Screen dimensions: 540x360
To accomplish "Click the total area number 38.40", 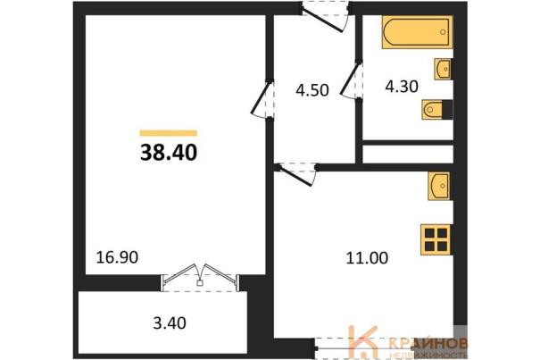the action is pyautogui.click(x=169, y=153).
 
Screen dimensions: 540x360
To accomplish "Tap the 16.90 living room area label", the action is pyautogui.click(x=117, y=257).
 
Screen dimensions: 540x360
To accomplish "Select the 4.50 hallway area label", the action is pyautogui.click(x=312, y=90).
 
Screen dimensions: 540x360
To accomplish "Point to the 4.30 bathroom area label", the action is pyautogui.click(x=402, y=87).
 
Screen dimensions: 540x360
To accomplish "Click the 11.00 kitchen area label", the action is pyautogui.click(x=367, y=258).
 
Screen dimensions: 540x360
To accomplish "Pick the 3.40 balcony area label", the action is pyautogui.click(x=170, y=323).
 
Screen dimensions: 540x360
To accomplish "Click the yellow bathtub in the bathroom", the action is pyautogui.click(x=417, y=32).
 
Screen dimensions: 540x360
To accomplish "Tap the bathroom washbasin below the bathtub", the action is pyautogui.click(x=443, y=69).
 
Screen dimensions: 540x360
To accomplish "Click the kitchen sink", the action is pyautogui.click(x=439, y=186).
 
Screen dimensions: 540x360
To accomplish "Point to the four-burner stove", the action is pyautogui.click(x=436, y=240).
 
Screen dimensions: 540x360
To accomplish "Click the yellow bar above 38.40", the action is pyautogui.click(x=169, y=133).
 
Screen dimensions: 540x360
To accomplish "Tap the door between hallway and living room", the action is pyautogui.click(x=262, y=99).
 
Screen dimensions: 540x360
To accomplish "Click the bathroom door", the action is pyautogui.click(x=352, y=80).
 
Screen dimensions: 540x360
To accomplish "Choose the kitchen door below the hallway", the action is pyautogui.click(x=297, y=173).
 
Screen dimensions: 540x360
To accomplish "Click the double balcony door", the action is pyautogui.click(x=200, y=278).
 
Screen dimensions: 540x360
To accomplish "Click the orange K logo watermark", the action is pyautogui.click(x=363, y=341).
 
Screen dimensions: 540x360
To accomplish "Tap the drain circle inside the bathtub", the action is pyautogui.click(x=443, y=32).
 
